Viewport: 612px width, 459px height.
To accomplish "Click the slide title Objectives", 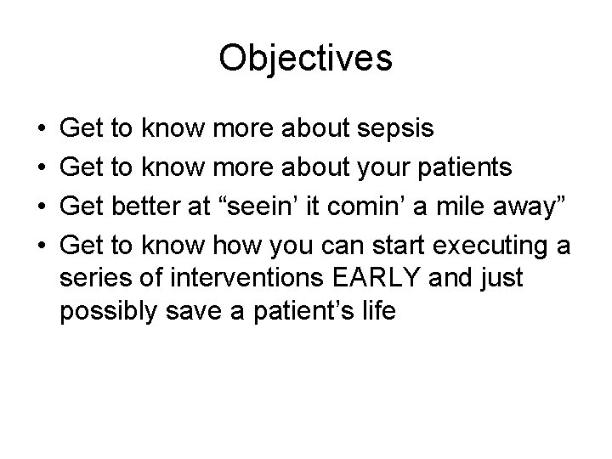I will click(305, 59).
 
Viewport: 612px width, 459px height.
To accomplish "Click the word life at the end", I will click(377, 310).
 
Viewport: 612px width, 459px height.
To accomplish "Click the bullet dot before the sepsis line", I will click(42, 130).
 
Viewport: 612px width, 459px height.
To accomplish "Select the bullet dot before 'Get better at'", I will click(42, 207).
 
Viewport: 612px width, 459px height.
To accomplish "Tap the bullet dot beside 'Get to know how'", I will click(42, 246).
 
